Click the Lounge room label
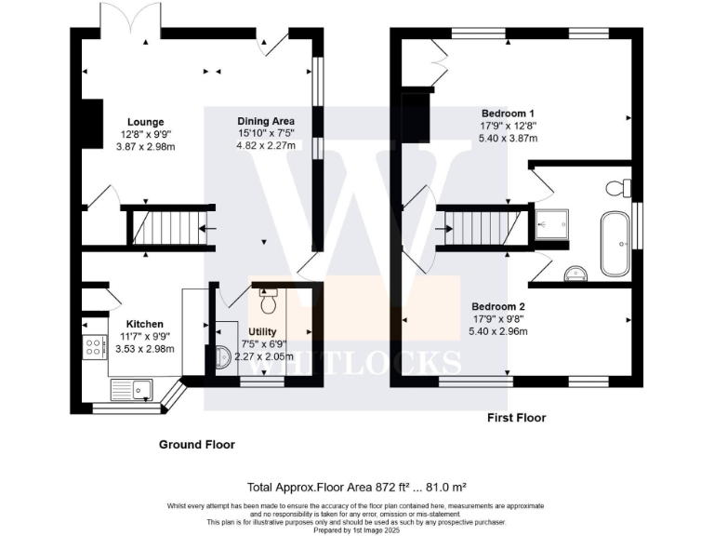(145, 122)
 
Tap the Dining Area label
(266, 121)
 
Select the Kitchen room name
(144, 324)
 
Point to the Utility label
(262, 332)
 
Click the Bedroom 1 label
(508, 114)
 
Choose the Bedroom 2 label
(498, 307)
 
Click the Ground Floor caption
(197, 445)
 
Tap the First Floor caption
(516, 418)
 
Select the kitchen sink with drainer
(132, 390)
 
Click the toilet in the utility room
(268, 301)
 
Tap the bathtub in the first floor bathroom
(615, 244)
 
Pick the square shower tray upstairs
(552, 224)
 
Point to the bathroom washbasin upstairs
(575, 274)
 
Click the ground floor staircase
(169, 227)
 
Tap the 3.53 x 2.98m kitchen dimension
(145, 350)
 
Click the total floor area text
(357, 488)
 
